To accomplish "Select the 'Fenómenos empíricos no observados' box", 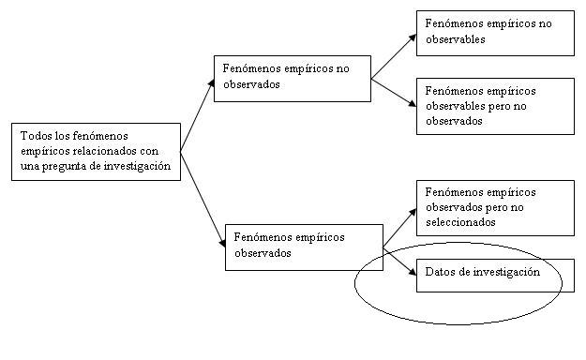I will tap(292, 77).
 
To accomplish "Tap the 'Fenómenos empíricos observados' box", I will tap(304, 246).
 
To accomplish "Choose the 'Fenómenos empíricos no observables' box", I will tap(494, 32).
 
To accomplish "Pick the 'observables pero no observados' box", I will tap(494, 105).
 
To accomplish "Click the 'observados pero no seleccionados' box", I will tap(494, 208).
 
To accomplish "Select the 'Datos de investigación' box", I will tap(494, 274).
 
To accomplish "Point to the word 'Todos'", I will tap(35, 137).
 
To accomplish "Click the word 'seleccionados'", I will tap(459, 222).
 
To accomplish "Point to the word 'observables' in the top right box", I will tap(455, 40).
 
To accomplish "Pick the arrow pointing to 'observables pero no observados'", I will tap(394, 91).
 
